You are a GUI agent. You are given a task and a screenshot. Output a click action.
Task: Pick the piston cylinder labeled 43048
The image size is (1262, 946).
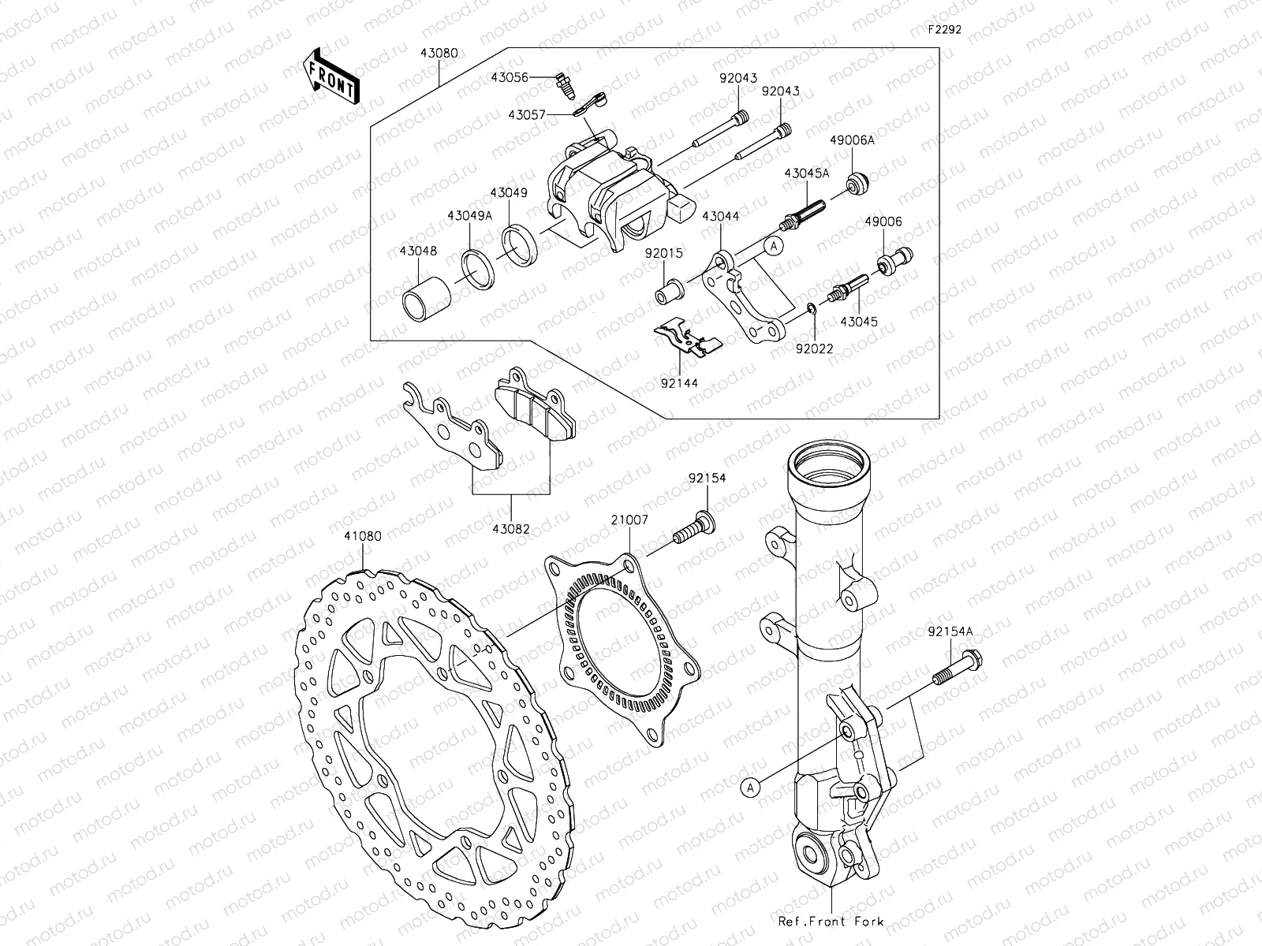point(427,300)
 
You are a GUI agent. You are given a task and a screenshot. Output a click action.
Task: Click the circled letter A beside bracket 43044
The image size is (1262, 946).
point(774,246)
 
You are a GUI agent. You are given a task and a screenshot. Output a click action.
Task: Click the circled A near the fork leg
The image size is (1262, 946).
point(750,786)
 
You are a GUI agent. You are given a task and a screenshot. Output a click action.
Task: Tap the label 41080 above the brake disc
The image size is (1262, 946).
point(362,535)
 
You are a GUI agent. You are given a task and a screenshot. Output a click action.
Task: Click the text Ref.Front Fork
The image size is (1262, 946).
point(831,921)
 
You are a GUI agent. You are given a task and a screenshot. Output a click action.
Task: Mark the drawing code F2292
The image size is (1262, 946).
point(943,32)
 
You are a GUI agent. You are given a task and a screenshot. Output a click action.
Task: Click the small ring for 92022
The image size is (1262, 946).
point(812,307)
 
